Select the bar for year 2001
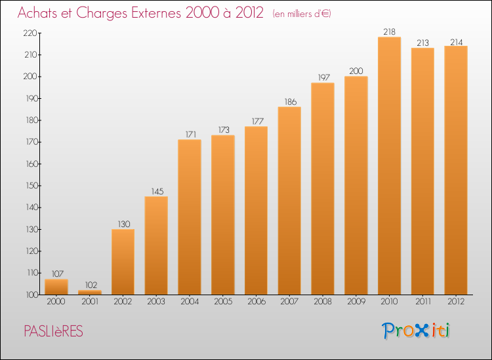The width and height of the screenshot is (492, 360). click(90, 293)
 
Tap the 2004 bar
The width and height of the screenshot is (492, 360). click(190, 217)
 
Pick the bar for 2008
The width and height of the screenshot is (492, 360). click(323, 189)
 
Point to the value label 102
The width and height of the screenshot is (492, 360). click(90, 285)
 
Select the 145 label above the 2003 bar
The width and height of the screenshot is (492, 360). click(156, 191)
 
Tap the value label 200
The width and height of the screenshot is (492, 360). click(356, 71)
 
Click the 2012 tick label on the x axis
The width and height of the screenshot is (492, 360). click(456, 302)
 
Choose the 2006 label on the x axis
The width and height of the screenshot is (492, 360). click(256, 302)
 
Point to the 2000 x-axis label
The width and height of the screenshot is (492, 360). click(57, 302)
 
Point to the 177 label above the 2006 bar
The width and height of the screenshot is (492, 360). click(256, 121)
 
